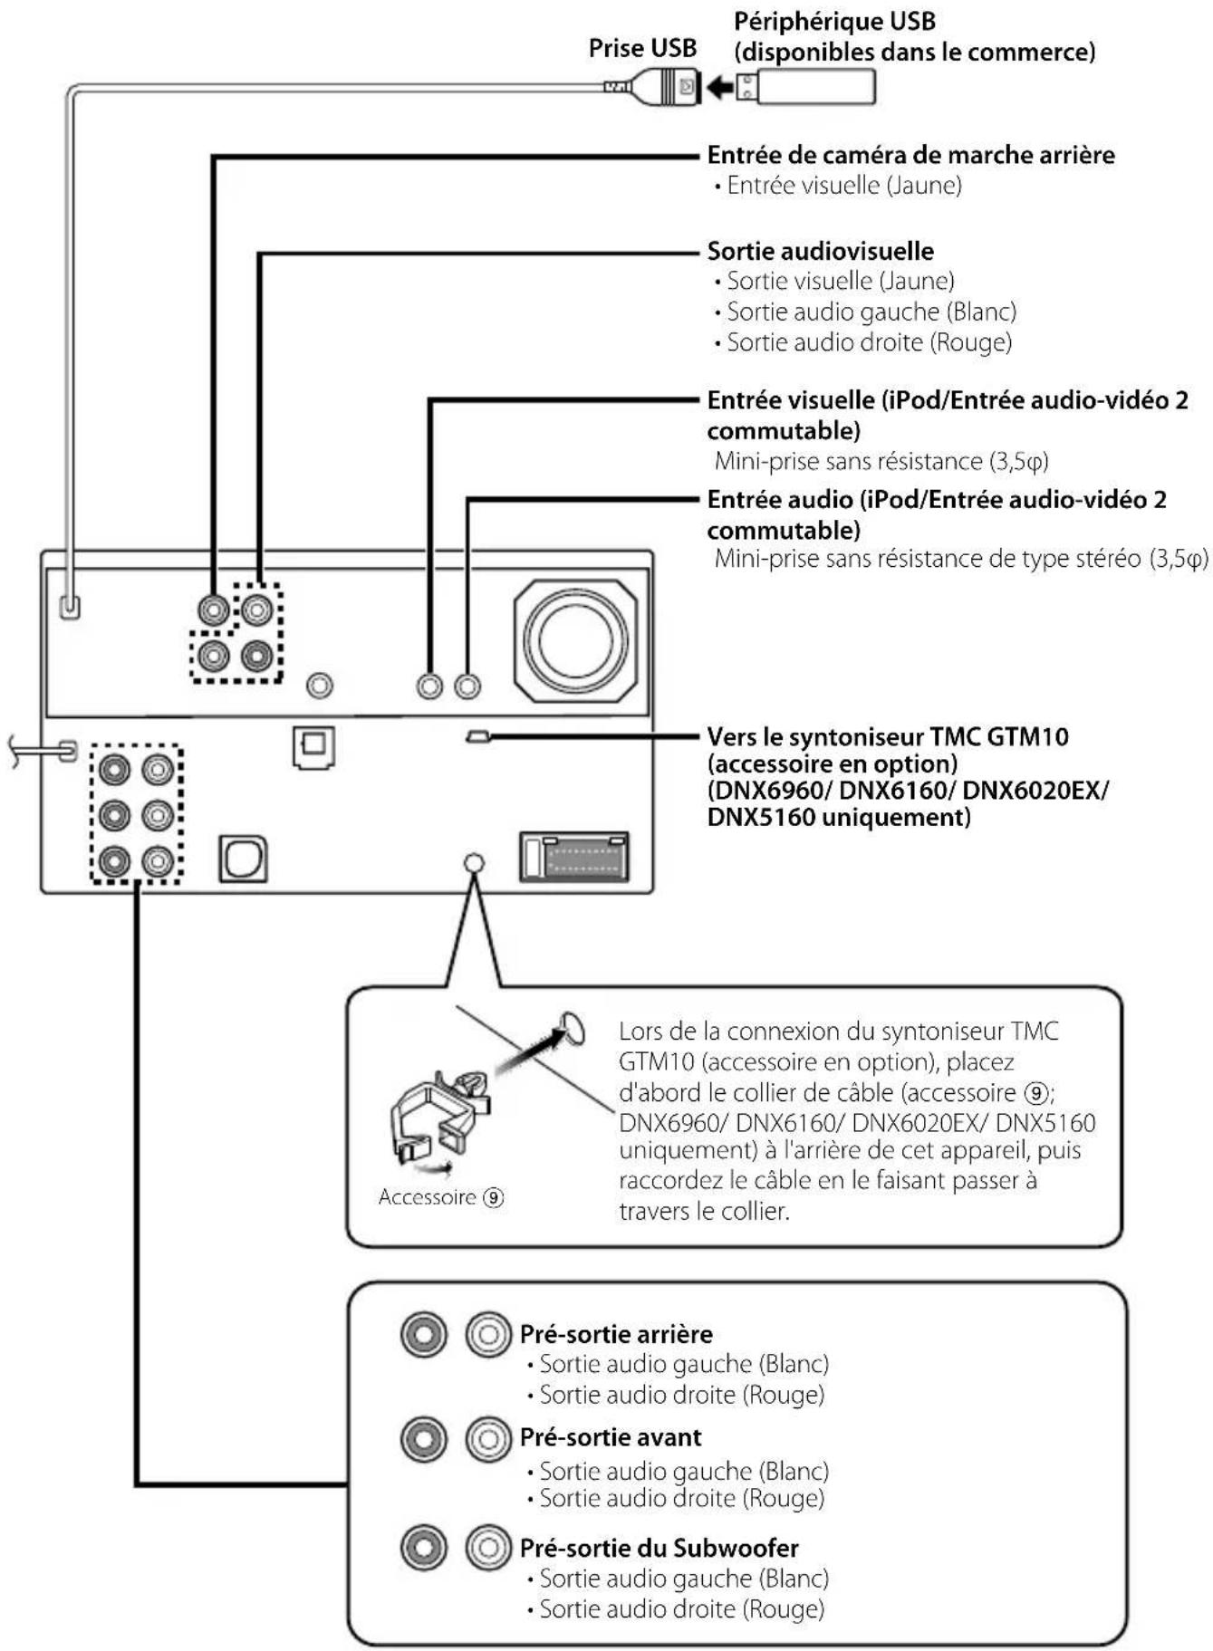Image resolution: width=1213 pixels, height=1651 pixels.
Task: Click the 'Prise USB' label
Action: coord(641,48)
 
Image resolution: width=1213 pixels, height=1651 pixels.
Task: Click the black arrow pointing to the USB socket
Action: coord(719,88)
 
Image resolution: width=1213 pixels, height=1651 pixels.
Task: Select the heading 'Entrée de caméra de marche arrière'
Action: coord(910,155)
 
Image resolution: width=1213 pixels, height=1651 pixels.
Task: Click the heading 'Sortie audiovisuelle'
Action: coord(820,251)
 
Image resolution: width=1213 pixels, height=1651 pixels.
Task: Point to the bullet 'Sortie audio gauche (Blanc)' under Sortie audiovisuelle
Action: coord(871,312)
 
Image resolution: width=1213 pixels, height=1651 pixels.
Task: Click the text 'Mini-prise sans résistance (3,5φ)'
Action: coord(881,461)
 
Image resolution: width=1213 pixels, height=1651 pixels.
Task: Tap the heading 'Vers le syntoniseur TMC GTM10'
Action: coord(887,736)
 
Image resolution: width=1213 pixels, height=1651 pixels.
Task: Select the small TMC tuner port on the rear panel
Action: coord(477,737)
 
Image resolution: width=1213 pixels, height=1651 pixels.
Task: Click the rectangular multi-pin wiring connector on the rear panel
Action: coord(574,857)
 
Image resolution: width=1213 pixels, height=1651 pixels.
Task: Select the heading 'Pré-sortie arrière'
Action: coord(615,1334)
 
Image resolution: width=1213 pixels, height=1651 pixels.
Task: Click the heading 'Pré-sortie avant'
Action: coord(610,1437)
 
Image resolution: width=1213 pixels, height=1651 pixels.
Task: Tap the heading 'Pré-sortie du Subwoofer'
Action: coord(659,1548)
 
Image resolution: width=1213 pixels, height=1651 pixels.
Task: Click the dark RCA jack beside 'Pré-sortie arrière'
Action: coord(423,1334)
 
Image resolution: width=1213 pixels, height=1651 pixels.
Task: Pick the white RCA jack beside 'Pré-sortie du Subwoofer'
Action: coord(488,1548)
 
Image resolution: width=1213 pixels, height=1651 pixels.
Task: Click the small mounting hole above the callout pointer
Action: coord(473,862)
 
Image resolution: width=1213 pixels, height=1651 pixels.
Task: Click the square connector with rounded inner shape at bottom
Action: coord(243,859)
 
